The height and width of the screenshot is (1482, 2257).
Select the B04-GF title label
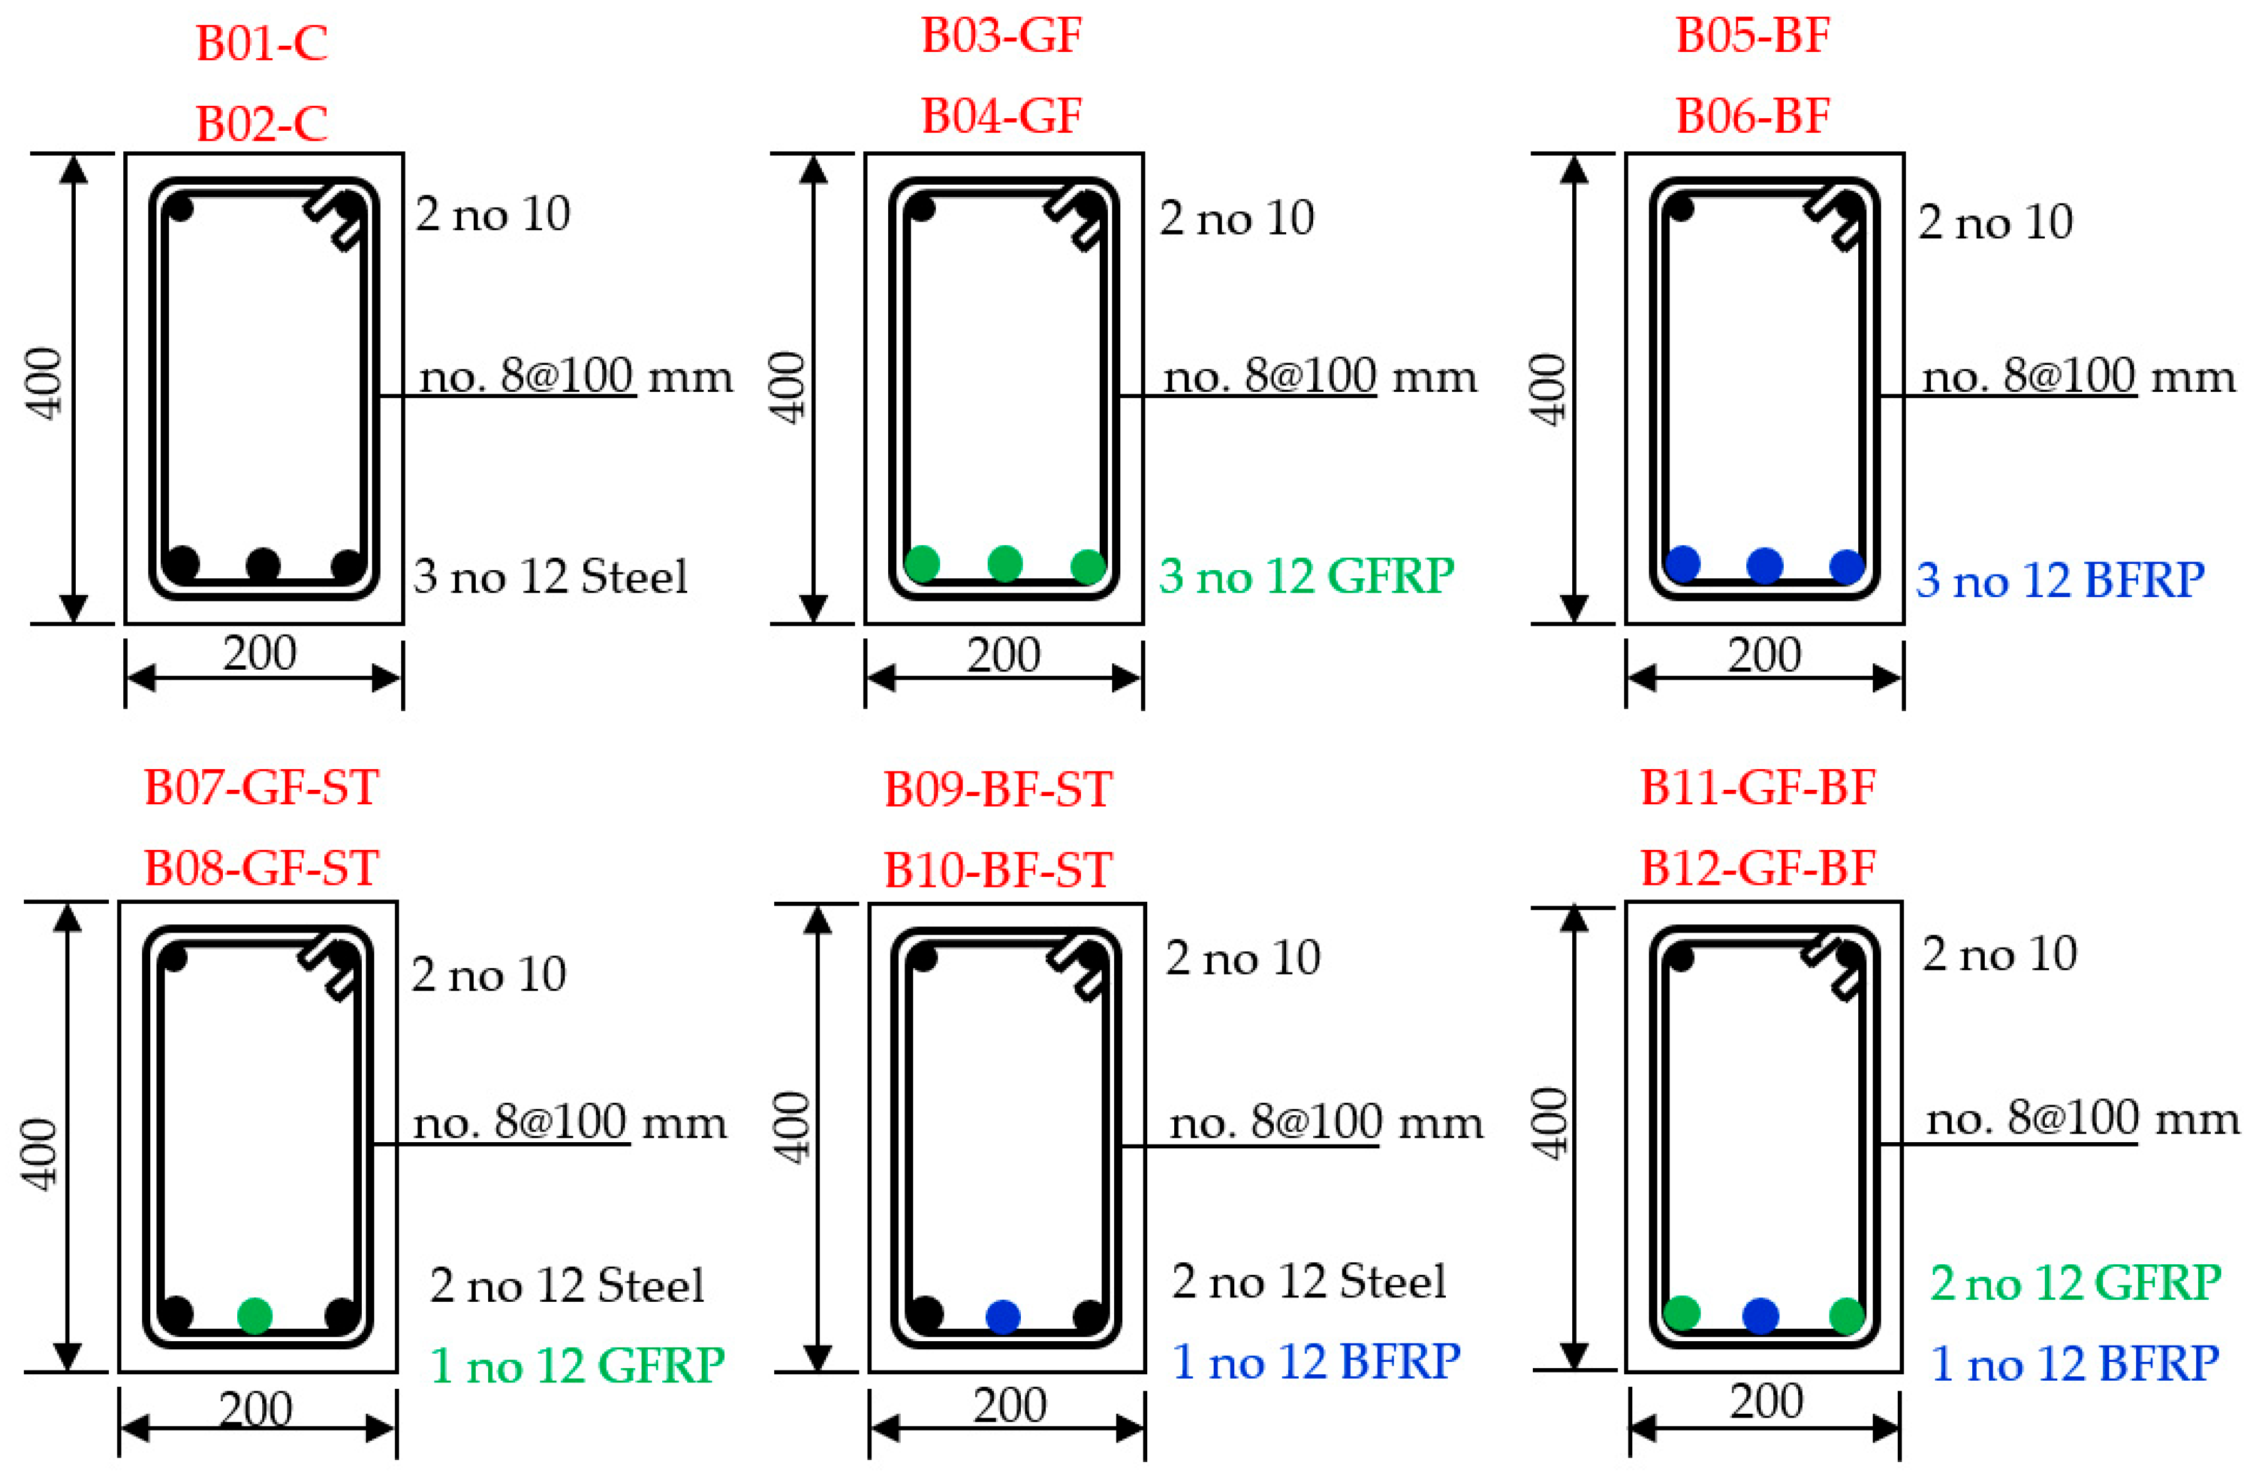click(1001, 116)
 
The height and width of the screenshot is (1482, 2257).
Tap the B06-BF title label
click(1753, 116)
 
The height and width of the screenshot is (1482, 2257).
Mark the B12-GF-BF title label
click(1758, 867)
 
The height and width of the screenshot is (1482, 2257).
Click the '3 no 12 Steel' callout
click(550, 576)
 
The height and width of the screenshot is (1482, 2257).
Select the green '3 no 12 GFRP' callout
click(1307, 576)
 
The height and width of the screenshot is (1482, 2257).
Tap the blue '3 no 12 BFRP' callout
click(2060, 580)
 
